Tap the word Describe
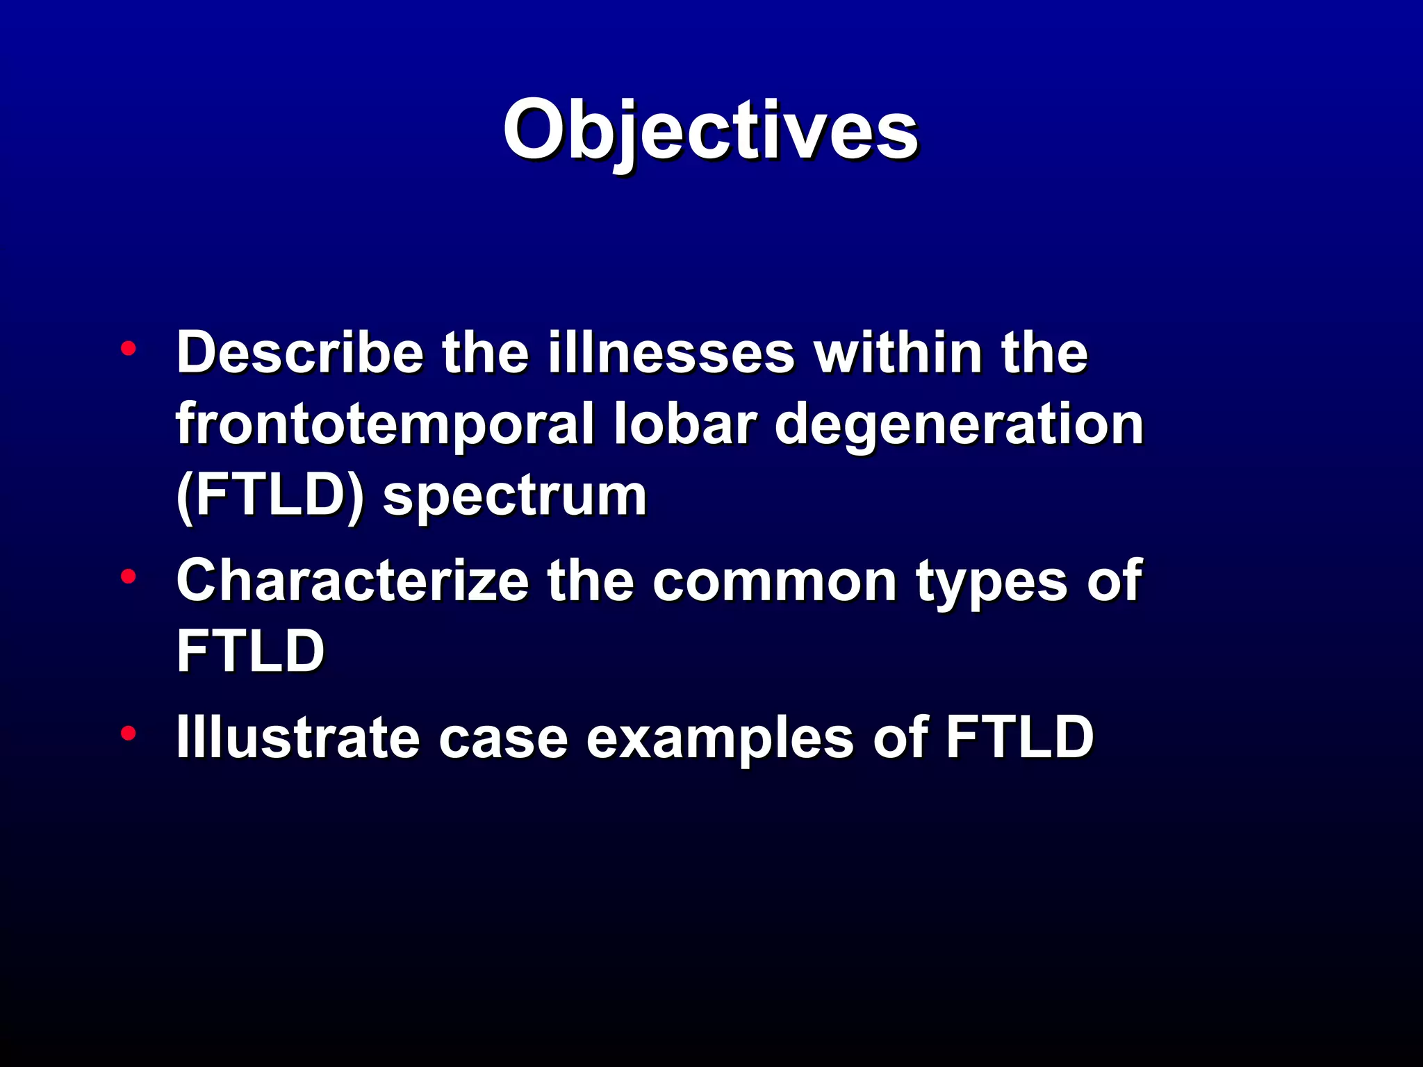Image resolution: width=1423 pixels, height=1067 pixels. point(300,353)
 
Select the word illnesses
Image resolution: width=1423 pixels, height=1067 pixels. point(671,353)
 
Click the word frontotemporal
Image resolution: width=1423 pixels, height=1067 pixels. point(385,425)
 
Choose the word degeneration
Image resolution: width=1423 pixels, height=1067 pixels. point(959,425)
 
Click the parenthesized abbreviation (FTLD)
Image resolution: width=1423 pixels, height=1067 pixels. point(270,496)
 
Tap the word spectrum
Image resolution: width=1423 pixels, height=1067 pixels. point(515,497)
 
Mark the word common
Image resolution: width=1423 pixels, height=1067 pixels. point(774,582)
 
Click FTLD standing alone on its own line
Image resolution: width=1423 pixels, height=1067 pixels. point(250,651)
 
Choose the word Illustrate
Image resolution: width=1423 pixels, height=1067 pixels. point(297,737)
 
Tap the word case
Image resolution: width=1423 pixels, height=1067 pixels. point(503,738)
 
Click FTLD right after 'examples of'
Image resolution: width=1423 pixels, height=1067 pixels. point(1019,737)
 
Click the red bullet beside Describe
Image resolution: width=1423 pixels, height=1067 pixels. point(128,349)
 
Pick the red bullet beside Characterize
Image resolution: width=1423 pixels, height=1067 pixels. point(128,577)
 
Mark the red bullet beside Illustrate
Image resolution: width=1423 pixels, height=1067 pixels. point(128,733)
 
